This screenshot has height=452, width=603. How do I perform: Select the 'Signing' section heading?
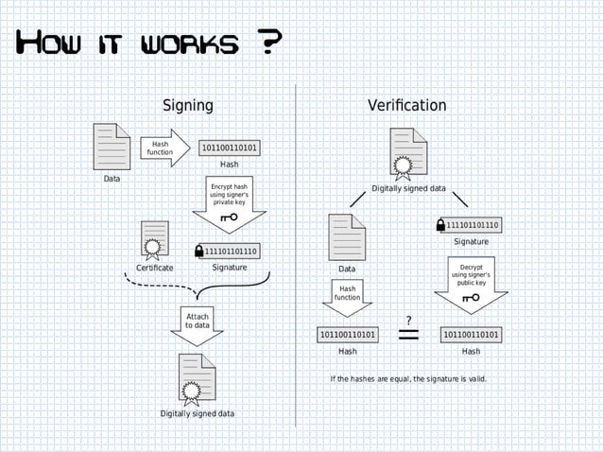(187, 105)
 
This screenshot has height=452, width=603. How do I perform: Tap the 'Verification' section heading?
(406, 105)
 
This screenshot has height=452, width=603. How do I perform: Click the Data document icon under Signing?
(112, 148)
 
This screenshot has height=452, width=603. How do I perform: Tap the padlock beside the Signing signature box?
(198, 251)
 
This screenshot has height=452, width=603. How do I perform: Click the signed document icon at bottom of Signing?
(197, 377)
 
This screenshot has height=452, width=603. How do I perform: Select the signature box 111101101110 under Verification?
(473, 225)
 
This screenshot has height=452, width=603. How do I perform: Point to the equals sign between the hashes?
(409, 335)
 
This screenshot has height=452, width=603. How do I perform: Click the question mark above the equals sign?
(408, 319)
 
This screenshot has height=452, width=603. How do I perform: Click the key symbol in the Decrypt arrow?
(471, 299)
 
